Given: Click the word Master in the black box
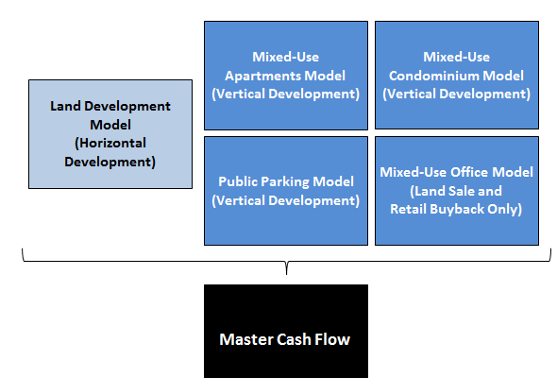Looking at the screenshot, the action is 245,339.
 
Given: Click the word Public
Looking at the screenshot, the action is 238,181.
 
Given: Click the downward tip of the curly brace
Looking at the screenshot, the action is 286,274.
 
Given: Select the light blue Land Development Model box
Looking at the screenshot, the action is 110,134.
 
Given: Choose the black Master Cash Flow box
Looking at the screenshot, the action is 286,331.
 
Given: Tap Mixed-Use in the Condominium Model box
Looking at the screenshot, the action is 457,57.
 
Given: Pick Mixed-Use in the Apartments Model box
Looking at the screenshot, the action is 286,57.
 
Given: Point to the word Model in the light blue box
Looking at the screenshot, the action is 110,125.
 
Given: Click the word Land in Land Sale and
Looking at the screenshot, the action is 428,191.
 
